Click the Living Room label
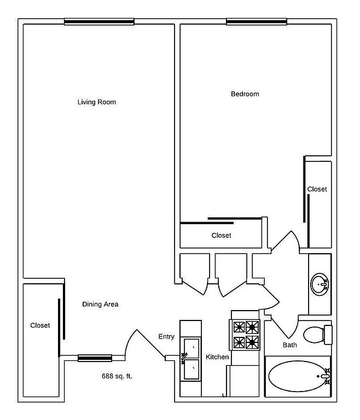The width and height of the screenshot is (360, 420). click(97, 102)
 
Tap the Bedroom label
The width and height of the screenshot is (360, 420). click(245, 94)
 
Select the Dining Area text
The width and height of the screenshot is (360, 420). click(100, 304)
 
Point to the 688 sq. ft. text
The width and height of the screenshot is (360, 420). click(117, 376)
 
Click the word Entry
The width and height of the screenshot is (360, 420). click(166, 337)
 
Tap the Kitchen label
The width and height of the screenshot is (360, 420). click(217, 357)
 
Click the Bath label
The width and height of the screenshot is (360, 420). click(290, 345)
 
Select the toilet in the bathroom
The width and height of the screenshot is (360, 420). click(318, 335)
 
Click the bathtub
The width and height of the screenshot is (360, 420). click(298, 376)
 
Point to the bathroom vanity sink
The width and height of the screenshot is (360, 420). click(320, 284)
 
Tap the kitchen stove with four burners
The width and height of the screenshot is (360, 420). click(244, 335)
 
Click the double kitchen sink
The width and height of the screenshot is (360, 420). click(191, 359)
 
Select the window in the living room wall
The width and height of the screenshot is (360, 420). click(99, 22)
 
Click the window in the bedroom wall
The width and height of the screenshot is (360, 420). click(257, 22)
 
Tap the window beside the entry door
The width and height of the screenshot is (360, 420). click(95, 358)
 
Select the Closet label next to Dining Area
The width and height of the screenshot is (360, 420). click(40, 325)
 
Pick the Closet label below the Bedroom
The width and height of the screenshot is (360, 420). click(221, 236)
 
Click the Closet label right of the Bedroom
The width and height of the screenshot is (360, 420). click(317, 189)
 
